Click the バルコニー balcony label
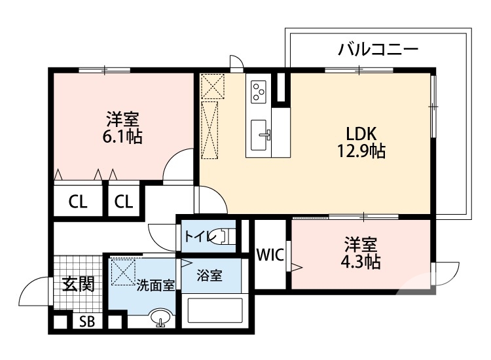(x=378, y=50)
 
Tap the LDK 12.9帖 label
(x=361, y=142)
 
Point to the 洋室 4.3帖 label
(x=360, y=253)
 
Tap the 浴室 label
(x=209, y=276)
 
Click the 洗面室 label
(x=155, y=285)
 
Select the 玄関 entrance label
(x=78, y=283)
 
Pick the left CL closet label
(x=78, y=202)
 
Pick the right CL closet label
(x=123, y=202)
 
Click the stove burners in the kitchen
(x=258, y=91)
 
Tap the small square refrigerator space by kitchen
(x=212, y=86)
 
